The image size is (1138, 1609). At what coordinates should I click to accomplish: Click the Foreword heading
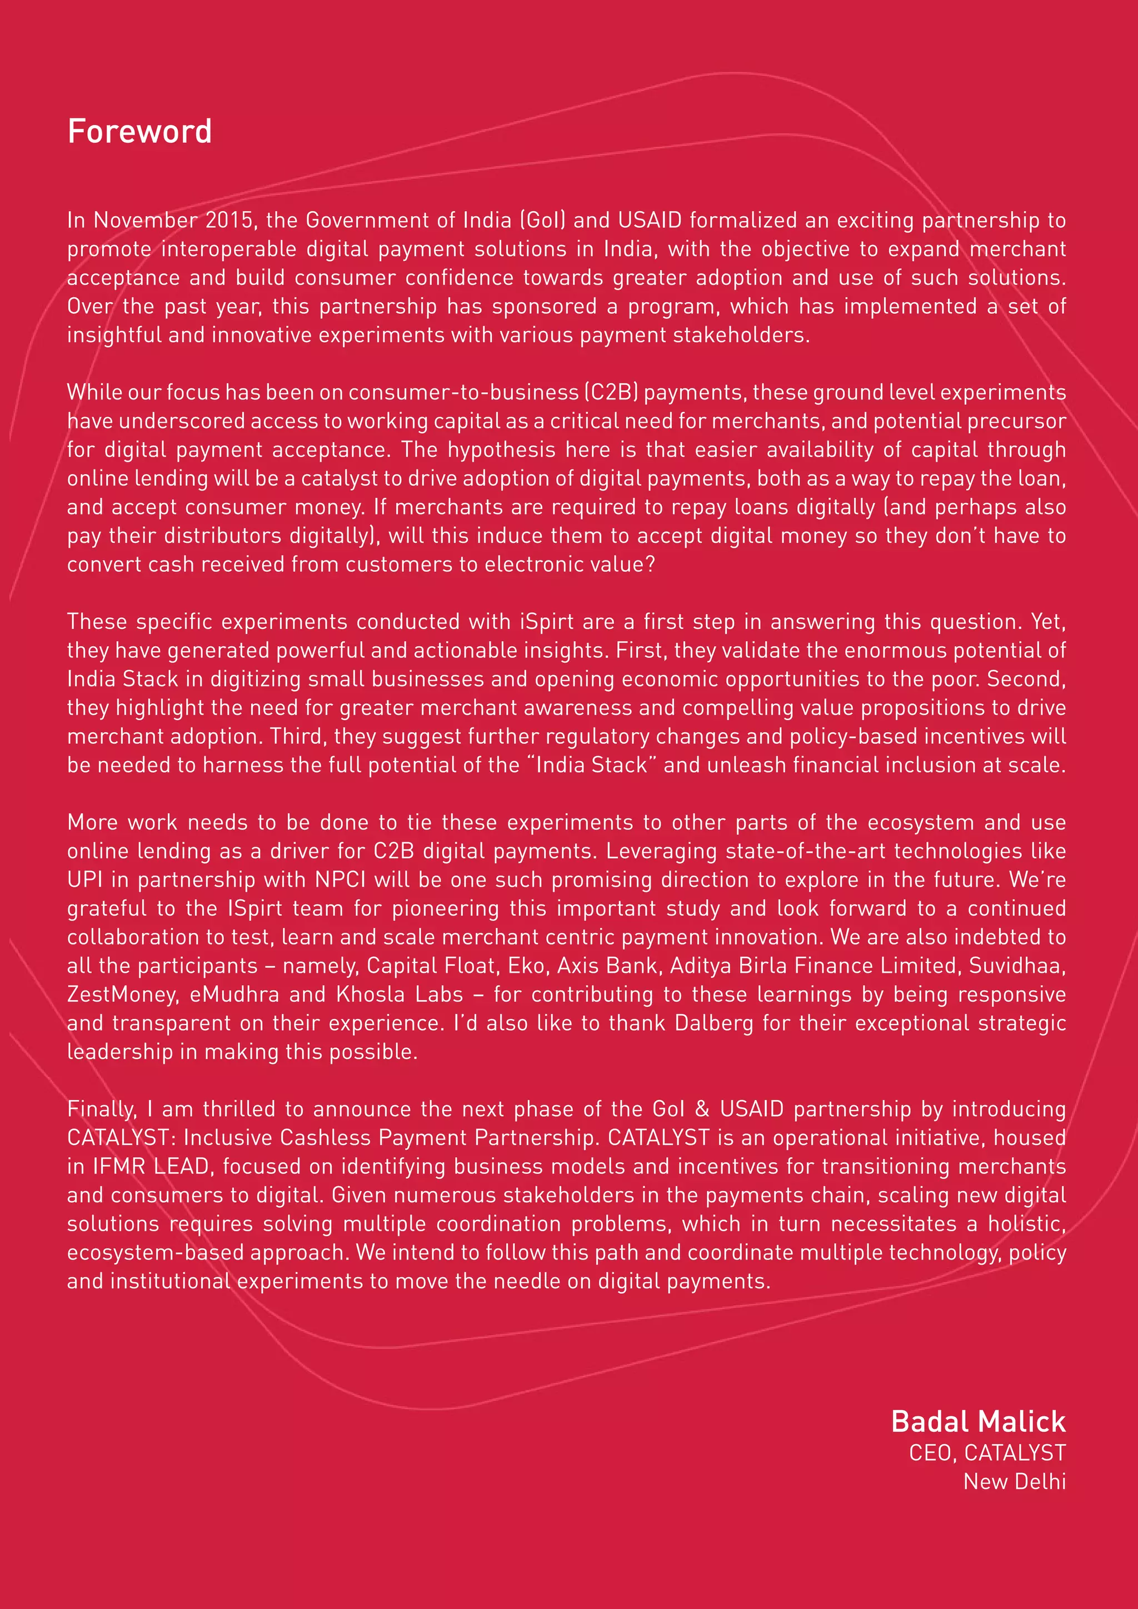[139, 132]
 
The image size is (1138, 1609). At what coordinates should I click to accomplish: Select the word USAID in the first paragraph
[650, 220]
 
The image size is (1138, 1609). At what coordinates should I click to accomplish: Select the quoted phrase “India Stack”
[591, 764]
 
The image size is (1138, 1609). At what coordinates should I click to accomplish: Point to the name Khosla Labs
[400, 995]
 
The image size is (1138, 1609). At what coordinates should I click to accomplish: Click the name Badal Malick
[978, 1422]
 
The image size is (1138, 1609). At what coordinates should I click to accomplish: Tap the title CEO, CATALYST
[987, 1453]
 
